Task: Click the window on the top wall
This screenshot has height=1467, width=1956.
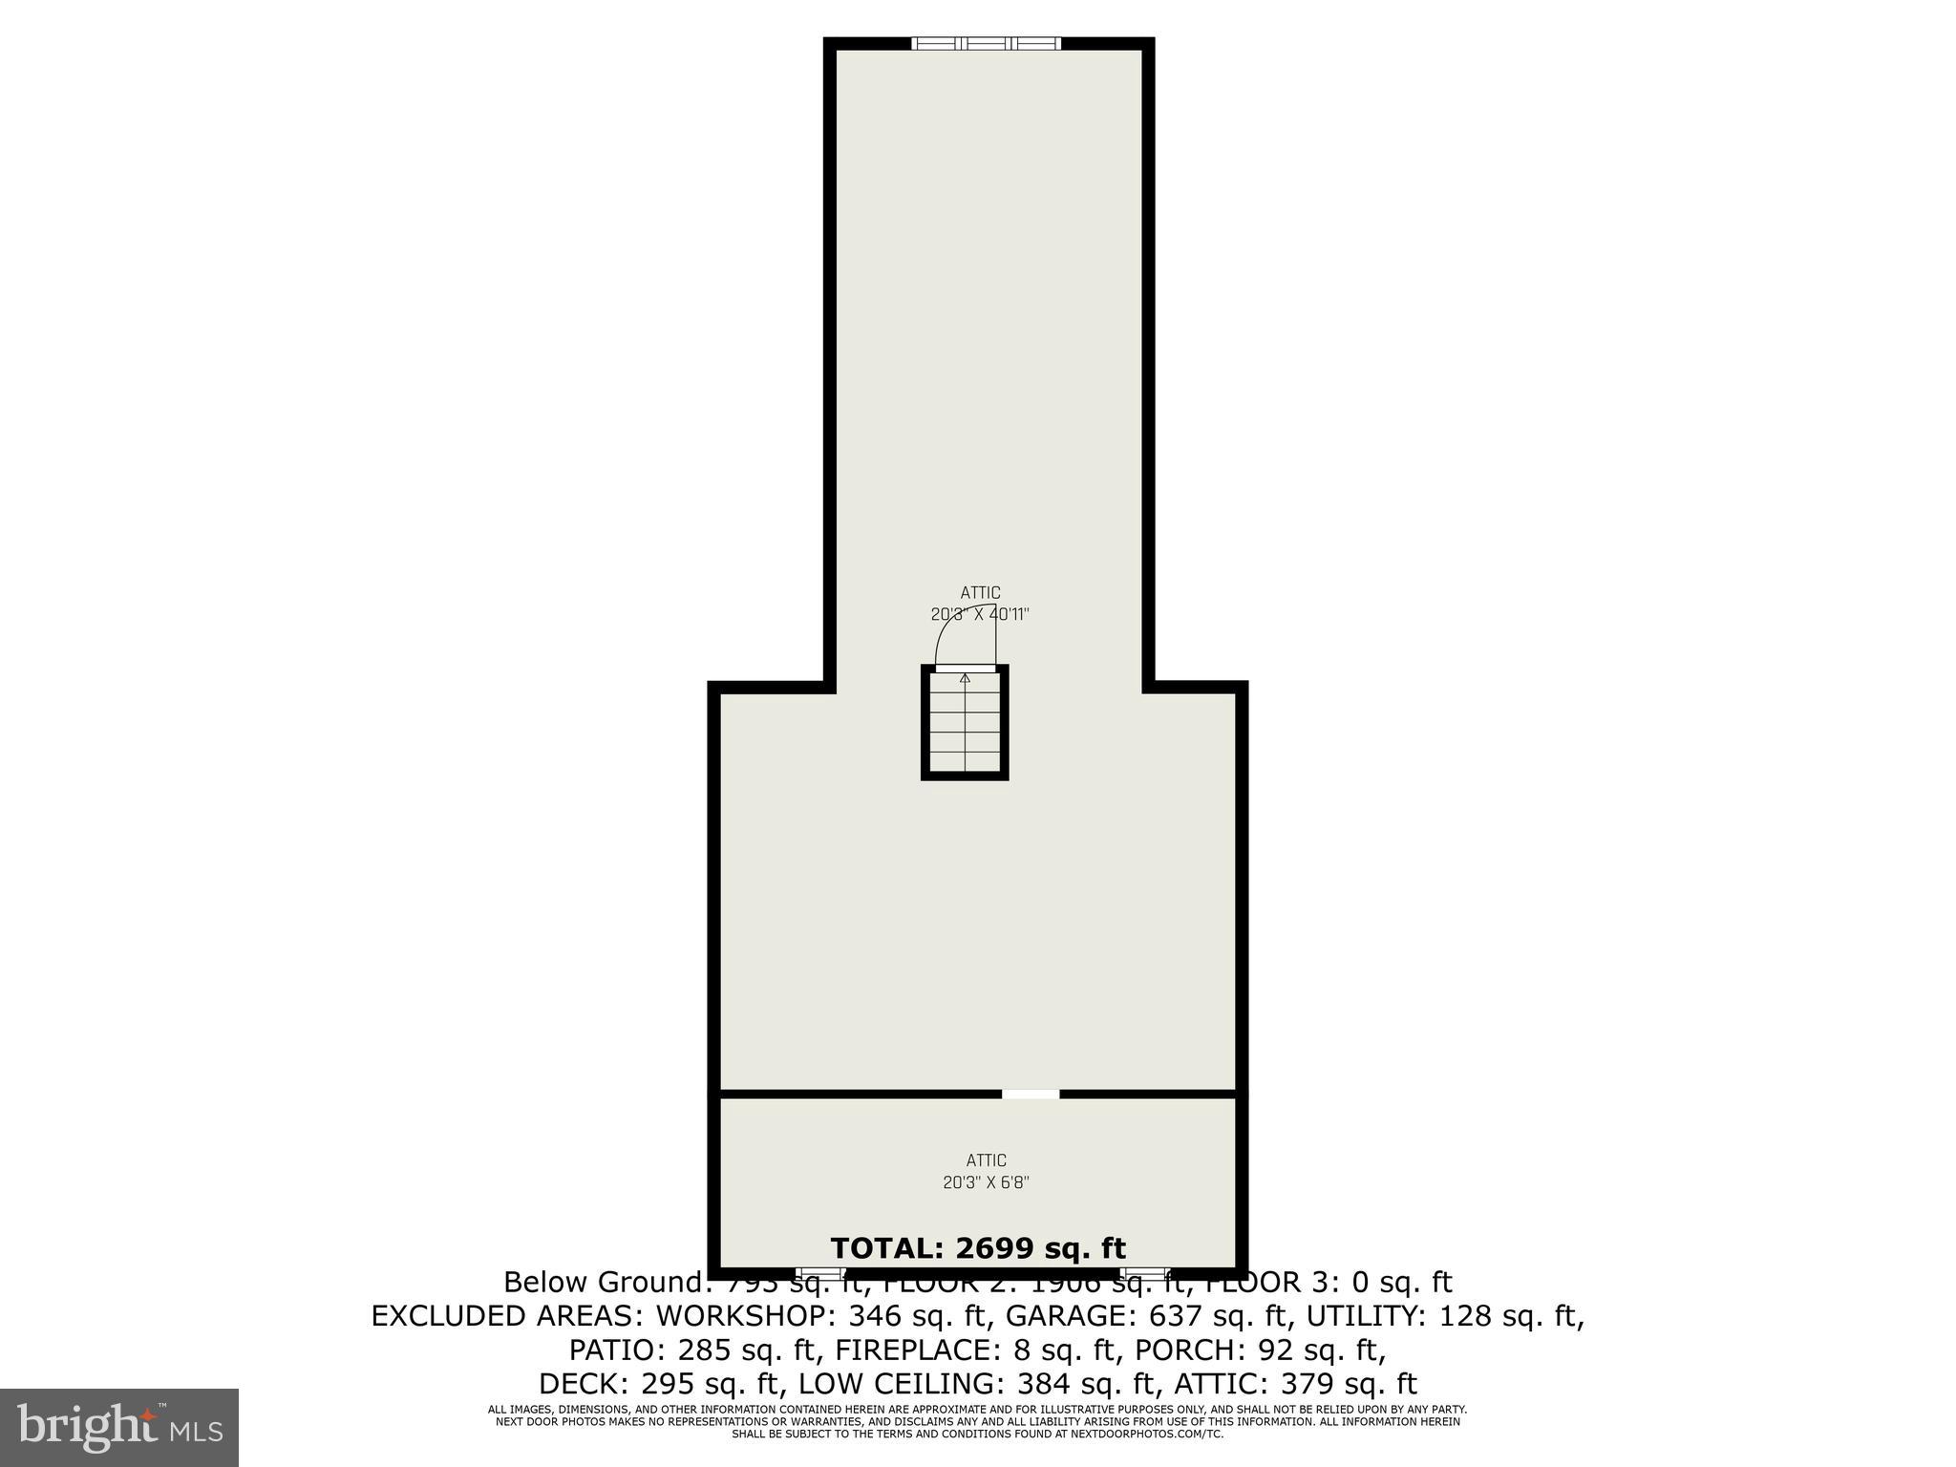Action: tap(986, 43)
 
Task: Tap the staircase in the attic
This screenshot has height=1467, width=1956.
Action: tap(965, 723)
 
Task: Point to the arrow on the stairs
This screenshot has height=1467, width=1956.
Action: tap(965, 679)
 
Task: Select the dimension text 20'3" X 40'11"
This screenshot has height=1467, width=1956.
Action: tap(980, 614)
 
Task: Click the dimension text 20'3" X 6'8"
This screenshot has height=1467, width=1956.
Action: tap(986, 1182)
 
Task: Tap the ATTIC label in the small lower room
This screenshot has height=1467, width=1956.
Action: tap(986, 1160)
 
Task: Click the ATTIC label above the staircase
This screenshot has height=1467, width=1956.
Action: tap(980, 593)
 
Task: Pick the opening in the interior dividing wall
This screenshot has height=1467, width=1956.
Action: tap(1031, 1094)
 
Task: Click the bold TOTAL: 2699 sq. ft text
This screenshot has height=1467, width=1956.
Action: tap(978, 1248)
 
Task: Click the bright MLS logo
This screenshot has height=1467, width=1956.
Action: tap(119, 1427)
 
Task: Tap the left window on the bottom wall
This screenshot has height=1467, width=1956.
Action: tap(820, 1274)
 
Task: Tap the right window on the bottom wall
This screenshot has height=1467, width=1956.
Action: tap(1144, 1274)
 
